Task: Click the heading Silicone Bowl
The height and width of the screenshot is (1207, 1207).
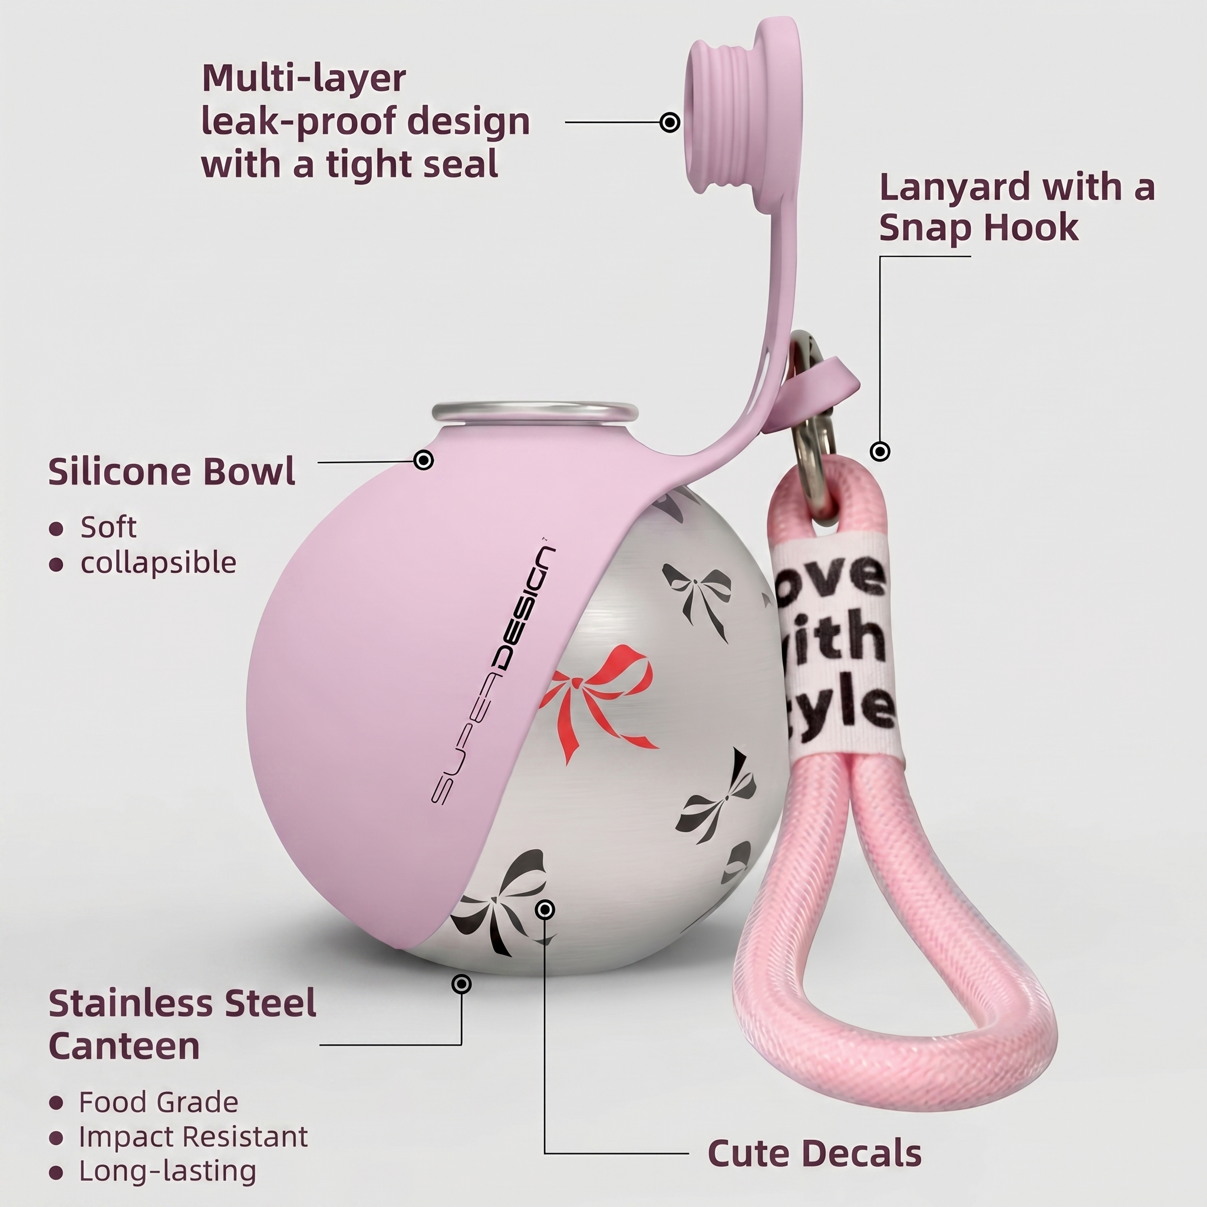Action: coord(172,471)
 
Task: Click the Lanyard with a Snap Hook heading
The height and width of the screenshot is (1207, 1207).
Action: coord(1017,207)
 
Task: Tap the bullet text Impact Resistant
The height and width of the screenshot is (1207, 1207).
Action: coord(193,1136)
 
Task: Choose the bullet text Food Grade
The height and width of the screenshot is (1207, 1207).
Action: coord(159,1102)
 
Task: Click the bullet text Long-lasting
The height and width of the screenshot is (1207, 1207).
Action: coord(167,1172)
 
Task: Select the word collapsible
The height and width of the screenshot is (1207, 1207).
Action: coord(159,563)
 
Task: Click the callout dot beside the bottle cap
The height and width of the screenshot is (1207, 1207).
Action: coord(670,122)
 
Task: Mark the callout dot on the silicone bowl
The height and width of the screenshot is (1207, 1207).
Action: coord(424,460)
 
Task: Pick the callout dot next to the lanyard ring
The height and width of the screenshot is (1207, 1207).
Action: coord(880,451)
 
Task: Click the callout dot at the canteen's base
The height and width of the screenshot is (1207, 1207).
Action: coord(461,985)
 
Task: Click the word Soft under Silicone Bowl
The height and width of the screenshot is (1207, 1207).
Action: coord(108,527)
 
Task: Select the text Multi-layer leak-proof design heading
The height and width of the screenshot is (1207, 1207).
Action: coord(365,121)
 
